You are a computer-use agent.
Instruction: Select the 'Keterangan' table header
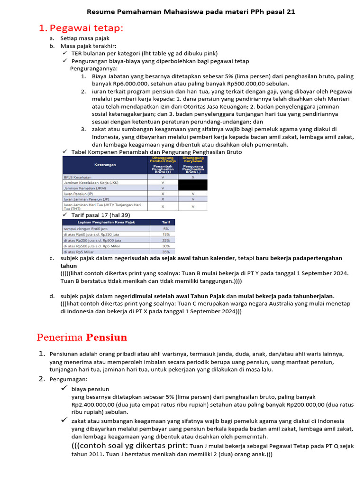tap(104, 166)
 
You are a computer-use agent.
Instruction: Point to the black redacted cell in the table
tap(193, 185)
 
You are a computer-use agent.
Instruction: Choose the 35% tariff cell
tap(166, 252)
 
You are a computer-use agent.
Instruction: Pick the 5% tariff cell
tap(166, 229)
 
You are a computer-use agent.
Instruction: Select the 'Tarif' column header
tap(166, 222)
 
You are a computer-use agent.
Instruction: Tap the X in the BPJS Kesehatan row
tap(193, 177)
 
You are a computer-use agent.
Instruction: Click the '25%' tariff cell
tap(166, 240)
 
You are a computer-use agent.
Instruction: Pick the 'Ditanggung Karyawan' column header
tap(193, 160)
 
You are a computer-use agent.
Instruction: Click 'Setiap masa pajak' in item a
tap(85, 38)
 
